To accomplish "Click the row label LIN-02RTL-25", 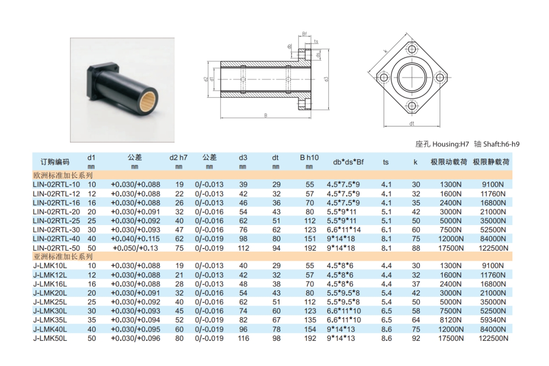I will point(56,221).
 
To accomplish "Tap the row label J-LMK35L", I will point(50,320).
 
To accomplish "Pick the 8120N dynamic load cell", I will point(451,320).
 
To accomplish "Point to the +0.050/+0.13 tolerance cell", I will point(135,248).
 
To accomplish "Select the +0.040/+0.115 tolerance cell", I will point(135,239).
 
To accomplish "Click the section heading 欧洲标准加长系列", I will point(63,175).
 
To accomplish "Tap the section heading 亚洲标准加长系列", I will point(63,257).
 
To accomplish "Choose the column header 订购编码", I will point(55,162).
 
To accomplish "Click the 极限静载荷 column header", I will point(491,162).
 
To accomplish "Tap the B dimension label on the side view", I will point(265,116).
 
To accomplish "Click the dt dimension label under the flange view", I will point(412,124).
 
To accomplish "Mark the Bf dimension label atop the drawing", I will point(304,34).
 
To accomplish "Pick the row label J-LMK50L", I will point(50,338).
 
